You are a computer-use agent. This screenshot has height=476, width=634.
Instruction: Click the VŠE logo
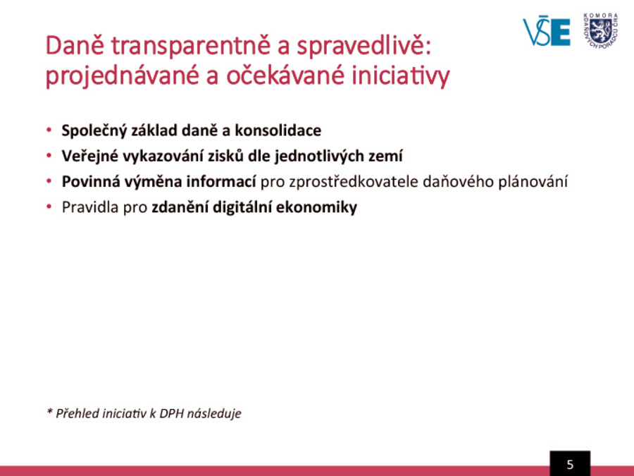pos(546,32)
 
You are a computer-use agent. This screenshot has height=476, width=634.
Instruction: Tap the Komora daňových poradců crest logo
pos(601,31)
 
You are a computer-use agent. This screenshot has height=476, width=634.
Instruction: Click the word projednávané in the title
pos(122,76)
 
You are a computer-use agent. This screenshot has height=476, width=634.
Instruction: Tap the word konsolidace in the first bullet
pos(278,130)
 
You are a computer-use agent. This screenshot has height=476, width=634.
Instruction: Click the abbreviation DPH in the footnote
pos(171,413)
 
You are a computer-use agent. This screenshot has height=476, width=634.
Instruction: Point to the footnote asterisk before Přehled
pos(50,412)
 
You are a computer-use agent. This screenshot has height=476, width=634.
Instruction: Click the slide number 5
pos(570,464)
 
